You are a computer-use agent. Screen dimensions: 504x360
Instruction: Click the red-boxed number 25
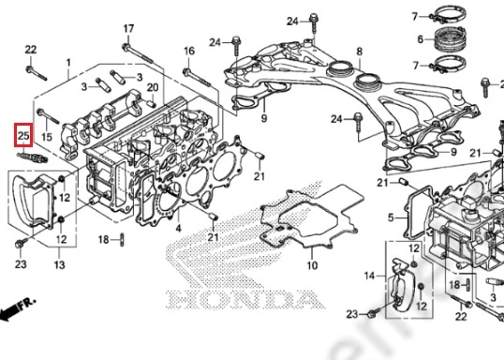tap(23, 136)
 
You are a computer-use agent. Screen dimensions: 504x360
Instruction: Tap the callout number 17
tap(128, 29)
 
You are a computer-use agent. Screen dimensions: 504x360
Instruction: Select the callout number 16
tap(189, 51)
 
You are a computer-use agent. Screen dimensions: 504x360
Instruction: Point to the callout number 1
tap(68, 63)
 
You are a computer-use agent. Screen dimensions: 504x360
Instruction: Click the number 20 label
tap(153, 87)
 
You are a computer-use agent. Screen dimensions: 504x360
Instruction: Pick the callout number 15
tap(47, 137)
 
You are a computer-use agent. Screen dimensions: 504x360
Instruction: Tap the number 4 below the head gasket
tap(178, 229)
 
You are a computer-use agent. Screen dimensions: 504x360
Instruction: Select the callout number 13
tap(59, 264)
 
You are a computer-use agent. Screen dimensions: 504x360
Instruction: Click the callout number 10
tap(312, 265)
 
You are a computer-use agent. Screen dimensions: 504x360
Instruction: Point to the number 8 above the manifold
tap(360, 52)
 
